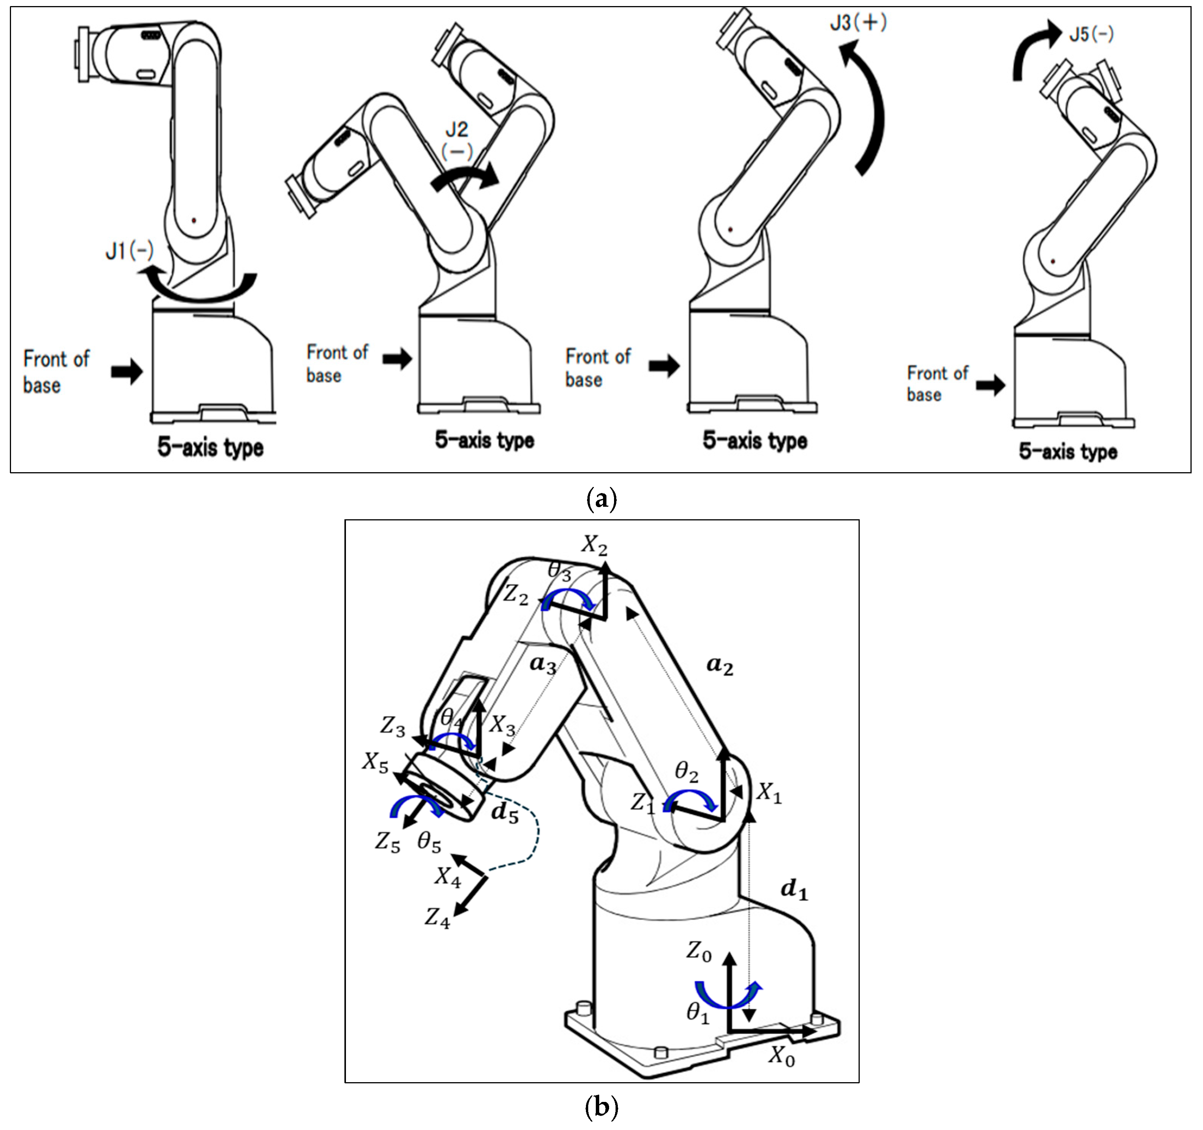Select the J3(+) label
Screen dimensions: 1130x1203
point(858,24)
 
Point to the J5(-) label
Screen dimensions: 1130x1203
point(1091,34)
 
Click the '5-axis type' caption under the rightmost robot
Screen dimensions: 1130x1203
point(1068,451)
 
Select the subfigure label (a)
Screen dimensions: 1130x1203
point(601,500)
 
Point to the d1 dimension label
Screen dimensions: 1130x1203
point(794,890)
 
